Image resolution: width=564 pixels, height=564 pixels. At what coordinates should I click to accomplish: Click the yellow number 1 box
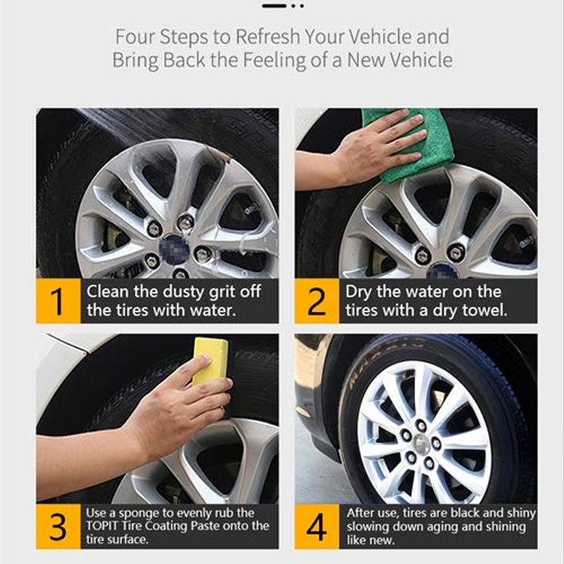[59, 301]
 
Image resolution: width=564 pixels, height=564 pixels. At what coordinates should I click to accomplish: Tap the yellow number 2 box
[317, 301]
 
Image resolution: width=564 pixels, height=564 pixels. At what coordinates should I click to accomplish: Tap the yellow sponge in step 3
[210, 360]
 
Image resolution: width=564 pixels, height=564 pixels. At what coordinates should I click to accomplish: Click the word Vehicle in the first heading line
[377, 36]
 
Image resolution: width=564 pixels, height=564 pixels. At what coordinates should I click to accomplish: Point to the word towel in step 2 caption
[486, 310]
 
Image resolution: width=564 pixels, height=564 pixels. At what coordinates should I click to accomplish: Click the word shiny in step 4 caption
[518, 513]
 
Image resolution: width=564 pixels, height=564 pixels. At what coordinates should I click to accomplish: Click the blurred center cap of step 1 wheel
[171, 247]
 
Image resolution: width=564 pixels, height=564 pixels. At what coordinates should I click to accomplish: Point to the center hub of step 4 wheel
[422, 443]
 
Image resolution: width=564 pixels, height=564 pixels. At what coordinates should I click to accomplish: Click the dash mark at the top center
[274, 6]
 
